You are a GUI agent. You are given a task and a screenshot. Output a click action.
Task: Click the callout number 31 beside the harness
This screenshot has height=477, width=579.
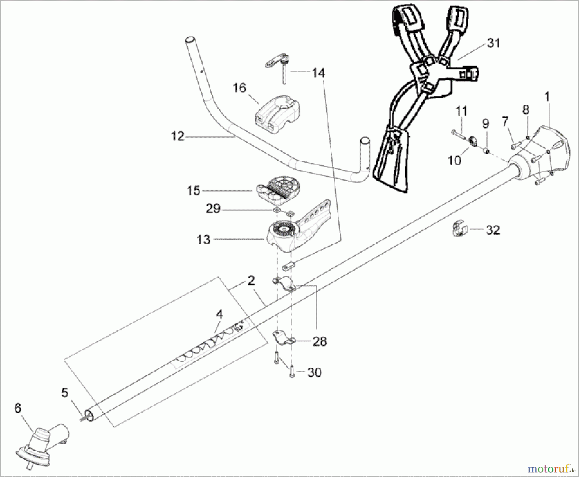[494, 43]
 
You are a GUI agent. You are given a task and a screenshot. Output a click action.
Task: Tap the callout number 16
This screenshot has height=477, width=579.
[239, 88]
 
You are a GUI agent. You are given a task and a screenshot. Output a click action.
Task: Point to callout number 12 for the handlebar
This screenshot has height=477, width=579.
[177, 137]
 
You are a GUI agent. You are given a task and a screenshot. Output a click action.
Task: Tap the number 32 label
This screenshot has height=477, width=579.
[493, 230]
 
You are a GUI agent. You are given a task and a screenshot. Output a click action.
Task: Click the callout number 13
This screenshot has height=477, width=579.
[203, 239]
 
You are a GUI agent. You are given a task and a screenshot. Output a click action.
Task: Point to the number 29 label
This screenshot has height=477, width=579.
[213, 209]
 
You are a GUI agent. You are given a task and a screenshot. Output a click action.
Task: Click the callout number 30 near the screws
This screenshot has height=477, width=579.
[314, 373]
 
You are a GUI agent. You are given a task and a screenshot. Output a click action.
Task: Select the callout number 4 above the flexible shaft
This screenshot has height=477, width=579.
[219, 314]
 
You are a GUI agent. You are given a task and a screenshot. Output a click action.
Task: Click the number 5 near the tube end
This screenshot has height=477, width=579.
[65, 392]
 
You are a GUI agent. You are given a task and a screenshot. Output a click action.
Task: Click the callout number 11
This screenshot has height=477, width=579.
[461, 111]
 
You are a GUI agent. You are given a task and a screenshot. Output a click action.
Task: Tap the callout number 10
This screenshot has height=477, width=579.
[455, 160]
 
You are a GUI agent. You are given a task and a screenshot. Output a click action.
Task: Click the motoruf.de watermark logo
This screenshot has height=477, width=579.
[557, 466]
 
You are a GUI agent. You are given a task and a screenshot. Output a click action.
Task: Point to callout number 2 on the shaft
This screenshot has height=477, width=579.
[251, 281]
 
